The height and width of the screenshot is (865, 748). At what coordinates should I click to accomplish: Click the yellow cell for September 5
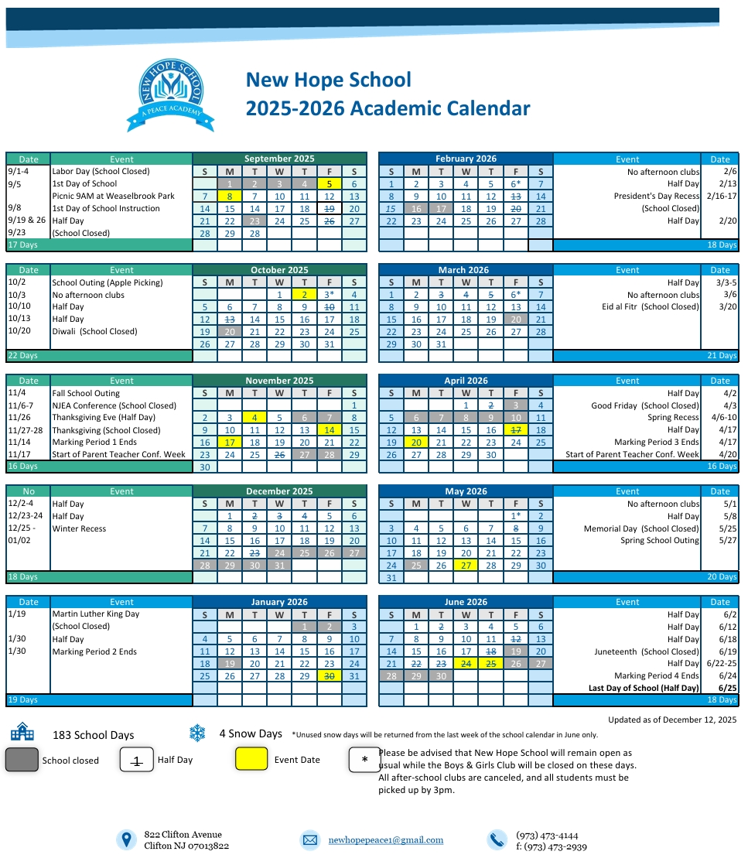click(329, 184)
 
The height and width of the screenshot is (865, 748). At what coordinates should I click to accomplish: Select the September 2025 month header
click(279, 159)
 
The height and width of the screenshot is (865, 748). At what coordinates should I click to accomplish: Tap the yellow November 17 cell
click(230, 443)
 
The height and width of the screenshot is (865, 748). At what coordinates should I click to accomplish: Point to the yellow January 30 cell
click(329, 676)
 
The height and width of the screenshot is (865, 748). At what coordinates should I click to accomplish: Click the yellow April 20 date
click(416, 443)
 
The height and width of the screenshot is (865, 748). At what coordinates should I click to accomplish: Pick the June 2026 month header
click(466, 602)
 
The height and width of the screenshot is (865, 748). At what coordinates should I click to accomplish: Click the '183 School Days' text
click(93, 736)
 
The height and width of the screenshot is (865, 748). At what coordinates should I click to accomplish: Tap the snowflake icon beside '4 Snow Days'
click(198, 733)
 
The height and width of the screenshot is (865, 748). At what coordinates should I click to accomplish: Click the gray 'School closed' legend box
click(22, 760)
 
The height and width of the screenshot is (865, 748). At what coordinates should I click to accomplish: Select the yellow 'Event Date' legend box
click(251, 760)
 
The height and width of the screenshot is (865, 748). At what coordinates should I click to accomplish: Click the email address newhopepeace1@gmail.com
click(385, 840)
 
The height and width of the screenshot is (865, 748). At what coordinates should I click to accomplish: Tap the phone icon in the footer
click(497, 840)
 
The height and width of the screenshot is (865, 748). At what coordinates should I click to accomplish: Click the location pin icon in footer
click(125, 840)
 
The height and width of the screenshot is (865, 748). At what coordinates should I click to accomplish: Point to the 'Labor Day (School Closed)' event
click(101, 172)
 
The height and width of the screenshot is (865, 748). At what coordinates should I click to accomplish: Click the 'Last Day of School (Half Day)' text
click(644, 689)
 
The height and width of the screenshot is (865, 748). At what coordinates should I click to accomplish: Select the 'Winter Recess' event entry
click(79, 528)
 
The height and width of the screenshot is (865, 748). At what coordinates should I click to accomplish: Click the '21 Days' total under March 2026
click(722, 356)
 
